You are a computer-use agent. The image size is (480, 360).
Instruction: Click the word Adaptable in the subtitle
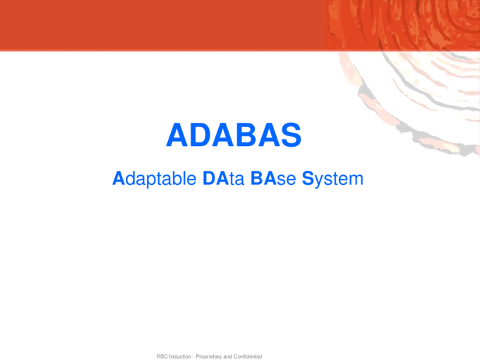click(x=155, y=179)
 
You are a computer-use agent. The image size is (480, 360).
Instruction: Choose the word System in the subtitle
click(x=332, y=179)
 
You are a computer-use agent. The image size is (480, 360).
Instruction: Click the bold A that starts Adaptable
click(x=118, y=179)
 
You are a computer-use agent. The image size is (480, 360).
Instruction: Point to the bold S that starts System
click(x=308, y=179)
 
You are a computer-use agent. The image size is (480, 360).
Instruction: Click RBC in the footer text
click(x=162, y=356)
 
